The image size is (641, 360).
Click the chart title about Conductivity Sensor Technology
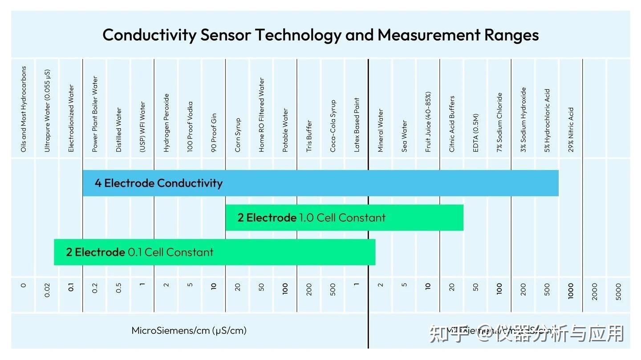click(320, 35)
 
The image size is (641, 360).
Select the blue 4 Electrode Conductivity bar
click(320, 183)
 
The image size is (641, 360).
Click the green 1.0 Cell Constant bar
click(344, 218)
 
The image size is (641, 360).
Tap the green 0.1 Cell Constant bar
click(214, 252)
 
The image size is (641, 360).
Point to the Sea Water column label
click(404, 136)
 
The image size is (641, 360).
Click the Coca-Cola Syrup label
click(333, 126)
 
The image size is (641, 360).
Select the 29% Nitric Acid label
click(571, 129)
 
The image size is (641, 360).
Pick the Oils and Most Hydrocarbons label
click(24, 109)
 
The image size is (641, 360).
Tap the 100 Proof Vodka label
click(190, 127)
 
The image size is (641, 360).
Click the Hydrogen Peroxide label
click(166, 123)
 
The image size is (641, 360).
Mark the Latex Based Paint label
click(357, 125)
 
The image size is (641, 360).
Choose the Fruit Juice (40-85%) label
click(428, 122)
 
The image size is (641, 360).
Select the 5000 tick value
click(618, 291)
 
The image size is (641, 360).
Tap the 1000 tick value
click(571, 291)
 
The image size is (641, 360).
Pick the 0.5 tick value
click(119, 288)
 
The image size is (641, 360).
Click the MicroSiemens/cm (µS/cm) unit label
click(189, 331)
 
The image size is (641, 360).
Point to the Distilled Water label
click(119, 130)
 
